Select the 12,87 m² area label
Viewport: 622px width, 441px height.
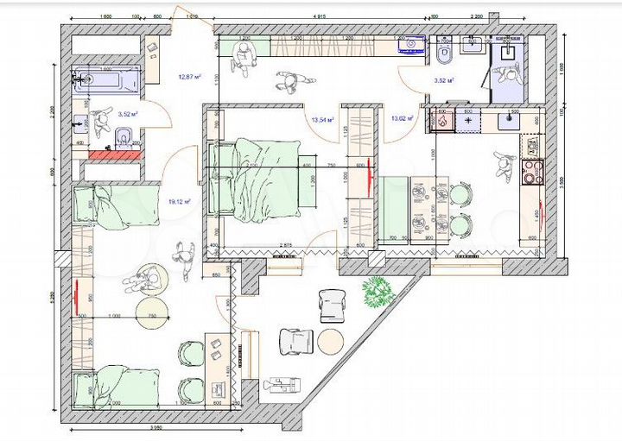pyautogui.click(x=190, y=78)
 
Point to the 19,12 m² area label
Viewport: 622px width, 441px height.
pyautogui.click(x=179, y=201)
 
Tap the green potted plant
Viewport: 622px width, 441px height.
pyautogui.click(x=378, y=293)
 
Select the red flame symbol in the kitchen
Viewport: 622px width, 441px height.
pyautogui.click(x=442, y=123)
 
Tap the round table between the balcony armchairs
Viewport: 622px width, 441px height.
pyautogui.click(x=331, y=340)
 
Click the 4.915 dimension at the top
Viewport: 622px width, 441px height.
pyautogui.click(x=326, y=16)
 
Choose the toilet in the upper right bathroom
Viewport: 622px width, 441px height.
pyautogui.click(x=444, y=54)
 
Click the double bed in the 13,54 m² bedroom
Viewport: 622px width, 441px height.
pyautogui.click(x=259, y=177)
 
